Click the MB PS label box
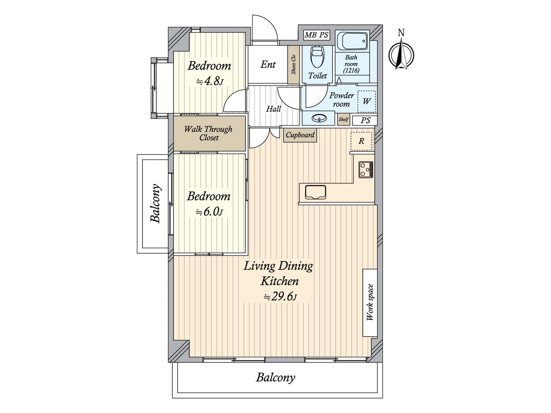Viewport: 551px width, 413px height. point(316,35)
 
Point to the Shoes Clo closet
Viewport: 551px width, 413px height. point(293,65)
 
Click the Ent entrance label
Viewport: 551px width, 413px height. point(268,64)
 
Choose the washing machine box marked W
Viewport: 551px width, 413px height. point(367,101)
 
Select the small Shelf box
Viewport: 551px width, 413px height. point(343,119)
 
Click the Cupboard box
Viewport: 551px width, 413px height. point(300,135)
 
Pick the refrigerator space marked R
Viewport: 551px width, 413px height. point(361,141)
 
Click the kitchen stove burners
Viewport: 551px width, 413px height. point(366,170)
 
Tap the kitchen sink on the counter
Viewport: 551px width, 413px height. point(315,192)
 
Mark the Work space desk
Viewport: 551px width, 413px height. point(370,303)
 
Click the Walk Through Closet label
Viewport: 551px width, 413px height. point(208,133)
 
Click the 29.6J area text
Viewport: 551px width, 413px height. point(280,297)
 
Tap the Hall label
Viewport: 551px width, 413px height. point(273,109)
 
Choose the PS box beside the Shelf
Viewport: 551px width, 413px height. point(365,120)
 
